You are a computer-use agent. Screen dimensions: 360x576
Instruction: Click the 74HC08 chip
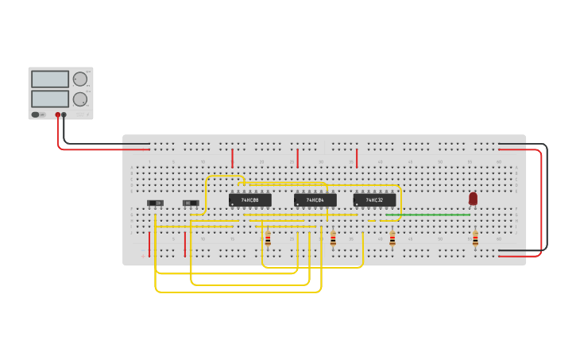pos(249,200)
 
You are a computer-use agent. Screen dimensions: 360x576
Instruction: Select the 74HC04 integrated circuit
pos(315,200)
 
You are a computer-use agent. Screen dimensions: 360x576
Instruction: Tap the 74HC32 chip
pos(374,200)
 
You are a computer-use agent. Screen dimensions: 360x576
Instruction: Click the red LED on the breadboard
pos(473,199)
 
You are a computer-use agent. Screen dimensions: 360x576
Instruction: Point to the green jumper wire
pos(429,215)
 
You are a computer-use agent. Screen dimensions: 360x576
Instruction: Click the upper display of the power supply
pos(50,79)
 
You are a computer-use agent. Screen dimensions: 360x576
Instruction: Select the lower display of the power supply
pos(50,99)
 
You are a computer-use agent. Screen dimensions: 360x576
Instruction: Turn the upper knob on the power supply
pos(79,79)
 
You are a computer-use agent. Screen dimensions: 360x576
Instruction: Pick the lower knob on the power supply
pos(79,99)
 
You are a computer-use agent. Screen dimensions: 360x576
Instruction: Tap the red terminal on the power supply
pos(58,115)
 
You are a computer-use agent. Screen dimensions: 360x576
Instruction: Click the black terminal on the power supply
pos(64,115)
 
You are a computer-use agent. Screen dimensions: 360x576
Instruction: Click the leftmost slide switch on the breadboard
pos(156,203)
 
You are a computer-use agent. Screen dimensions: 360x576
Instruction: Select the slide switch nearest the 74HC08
pos(191,203)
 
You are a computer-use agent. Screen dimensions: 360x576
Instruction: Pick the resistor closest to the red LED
pos(475,238)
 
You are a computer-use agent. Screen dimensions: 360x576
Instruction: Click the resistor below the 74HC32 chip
pos(392,238)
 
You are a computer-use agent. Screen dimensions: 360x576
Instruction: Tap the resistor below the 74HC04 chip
pos(333,238)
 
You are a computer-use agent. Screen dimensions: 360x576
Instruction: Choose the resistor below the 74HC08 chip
pos(268,238)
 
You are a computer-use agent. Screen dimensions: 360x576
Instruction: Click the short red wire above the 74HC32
pos(357,157)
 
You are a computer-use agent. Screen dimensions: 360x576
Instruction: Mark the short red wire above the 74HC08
pos(232,157)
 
